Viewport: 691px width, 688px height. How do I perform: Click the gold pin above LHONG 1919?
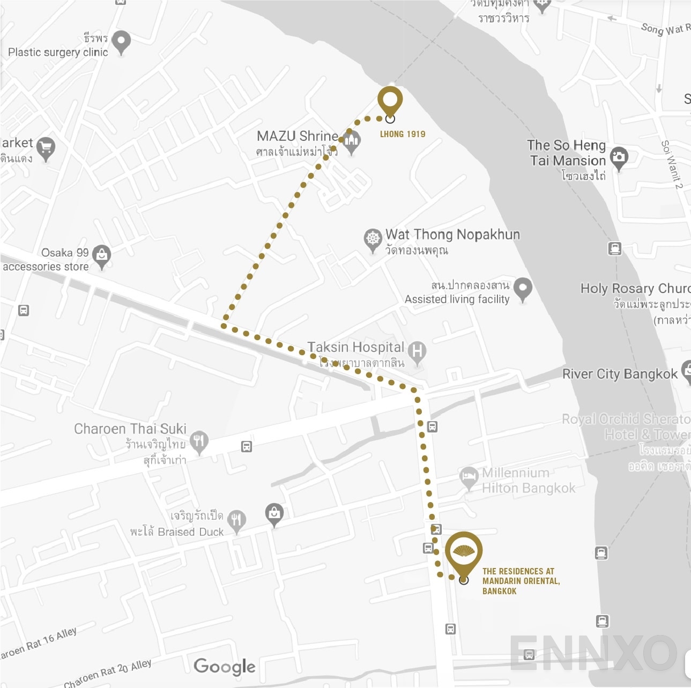[390, 100]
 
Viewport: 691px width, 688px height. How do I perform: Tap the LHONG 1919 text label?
[403, 134]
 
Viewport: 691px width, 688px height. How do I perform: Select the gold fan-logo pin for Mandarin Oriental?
[464, 552]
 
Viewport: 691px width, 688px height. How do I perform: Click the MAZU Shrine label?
[298, 136]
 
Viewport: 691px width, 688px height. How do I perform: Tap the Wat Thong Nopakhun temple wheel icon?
[373, 238]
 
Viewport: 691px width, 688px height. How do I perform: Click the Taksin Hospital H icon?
[417, 352]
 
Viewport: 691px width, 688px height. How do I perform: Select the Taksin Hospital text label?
[355, 347]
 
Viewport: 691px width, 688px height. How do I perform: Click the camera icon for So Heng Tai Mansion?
[619, 157]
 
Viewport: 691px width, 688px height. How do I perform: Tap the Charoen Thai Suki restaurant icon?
[199, 441]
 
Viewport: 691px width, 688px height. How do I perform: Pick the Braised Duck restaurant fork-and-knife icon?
[236, 519]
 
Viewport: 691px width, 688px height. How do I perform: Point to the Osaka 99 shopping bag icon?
[101, 255]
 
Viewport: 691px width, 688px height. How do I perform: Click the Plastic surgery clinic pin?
[121, 41]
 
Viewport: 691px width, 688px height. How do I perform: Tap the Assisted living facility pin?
[523, 288]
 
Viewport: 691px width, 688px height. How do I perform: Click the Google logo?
[225, 666]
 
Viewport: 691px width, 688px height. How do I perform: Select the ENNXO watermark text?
[592, 653]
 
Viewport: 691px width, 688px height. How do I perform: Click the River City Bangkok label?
[620, 374]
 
